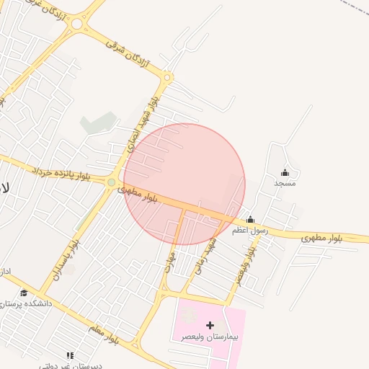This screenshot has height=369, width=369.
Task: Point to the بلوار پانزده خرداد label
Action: coord(61,173)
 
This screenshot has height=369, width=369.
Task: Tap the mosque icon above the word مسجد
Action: coord(285,172)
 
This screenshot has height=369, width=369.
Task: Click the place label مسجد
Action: coord(285,184)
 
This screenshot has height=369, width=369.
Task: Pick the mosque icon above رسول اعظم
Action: coord(250,220)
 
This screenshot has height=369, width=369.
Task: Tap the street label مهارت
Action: coord(171,259)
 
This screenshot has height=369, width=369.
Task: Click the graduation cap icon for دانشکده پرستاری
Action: coord(24,293)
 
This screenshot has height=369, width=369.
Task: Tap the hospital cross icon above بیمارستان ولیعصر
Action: coord(210,325)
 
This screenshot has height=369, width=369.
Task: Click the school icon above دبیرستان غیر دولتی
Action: coord(70,355)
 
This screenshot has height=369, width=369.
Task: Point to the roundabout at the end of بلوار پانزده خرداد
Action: coord(111,183)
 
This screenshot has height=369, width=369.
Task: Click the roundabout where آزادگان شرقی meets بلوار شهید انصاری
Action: coord(167,77)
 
